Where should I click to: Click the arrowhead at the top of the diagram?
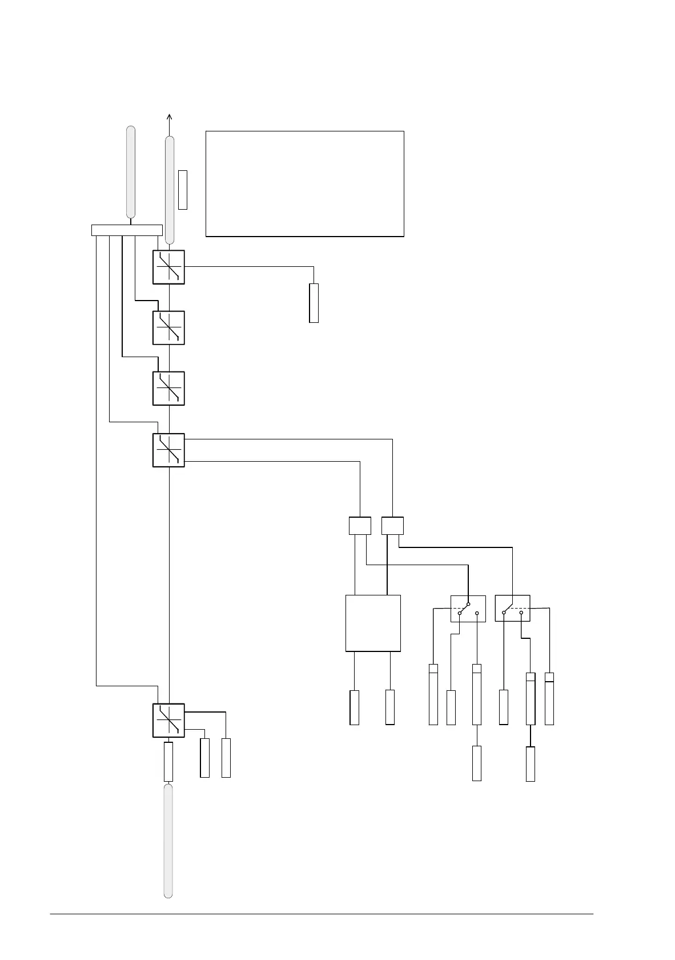170,117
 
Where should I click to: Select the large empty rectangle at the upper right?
304,183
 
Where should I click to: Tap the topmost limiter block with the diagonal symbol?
168,267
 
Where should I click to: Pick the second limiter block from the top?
168,328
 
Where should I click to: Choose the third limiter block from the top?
168,389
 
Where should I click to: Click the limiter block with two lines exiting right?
168,450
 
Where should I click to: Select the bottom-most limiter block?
168,721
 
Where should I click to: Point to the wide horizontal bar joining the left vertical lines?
127,230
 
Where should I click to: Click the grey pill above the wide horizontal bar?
131,171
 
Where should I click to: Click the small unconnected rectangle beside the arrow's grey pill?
183,189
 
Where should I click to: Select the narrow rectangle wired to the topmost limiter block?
314,303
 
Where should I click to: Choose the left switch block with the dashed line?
468,609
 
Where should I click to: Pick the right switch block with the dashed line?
512,609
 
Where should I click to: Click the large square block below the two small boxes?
373,623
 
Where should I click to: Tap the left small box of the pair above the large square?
360,526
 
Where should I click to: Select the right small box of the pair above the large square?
392,526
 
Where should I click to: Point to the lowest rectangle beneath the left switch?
477,763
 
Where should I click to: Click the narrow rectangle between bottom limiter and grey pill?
168,762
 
